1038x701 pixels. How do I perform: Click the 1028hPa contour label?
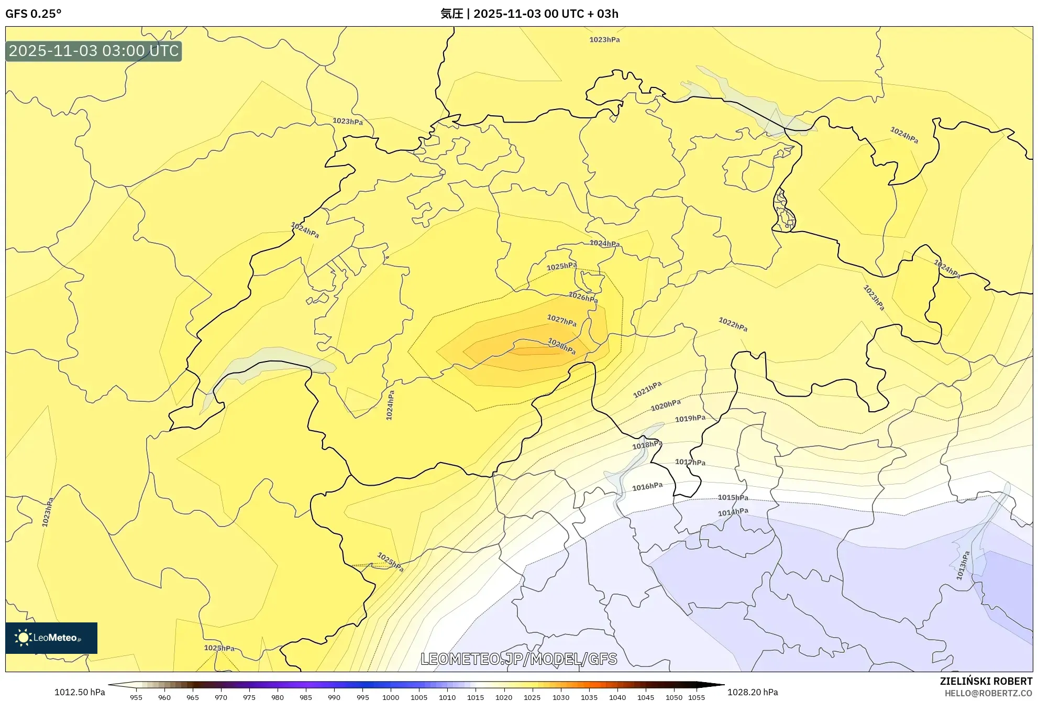pos(561,346)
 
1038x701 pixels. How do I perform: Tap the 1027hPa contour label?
pos(561,320)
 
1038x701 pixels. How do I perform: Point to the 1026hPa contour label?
pos(583,298)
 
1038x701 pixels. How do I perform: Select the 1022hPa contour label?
pos(733,324)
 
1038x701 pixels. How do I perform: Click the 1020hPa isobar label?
pos(666,405)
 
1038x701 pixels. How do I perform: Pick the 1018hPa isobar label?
pos(647,445)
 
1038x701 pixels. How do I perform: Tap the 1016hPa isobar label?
pos(647,487)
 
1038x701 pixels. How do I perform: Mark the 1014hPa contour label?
pos(733,512)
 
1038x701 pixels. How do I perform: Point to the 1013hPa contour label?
pos(963,565)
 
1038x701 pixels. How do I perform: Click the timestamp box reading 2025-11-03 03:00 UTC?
pos(94,51)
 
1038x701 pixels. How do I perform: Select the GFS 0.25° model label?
pos(34,14)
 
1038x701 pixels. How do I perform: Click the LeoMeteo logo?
pos(51,638)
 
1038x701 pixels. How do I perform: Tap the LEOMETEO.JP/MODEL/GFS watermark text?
pos(518,659)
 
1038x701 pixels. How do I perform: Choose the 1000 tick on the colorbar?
pos(391,697)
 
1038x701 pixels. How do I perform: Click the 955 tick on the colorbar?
pos(136,697)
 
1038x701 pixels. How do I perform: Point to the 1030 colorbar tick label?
pos(560,697)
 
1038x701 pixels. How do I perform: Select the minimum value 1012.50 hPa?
pos(80,692)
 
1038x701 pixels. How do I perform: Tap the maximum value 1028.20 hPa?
pos(753,692)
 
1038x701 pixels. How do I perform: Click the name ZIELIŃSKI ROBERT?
pos(986,681)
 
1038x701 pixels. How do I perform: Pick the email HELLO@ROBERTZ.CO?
pos(988,693)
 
